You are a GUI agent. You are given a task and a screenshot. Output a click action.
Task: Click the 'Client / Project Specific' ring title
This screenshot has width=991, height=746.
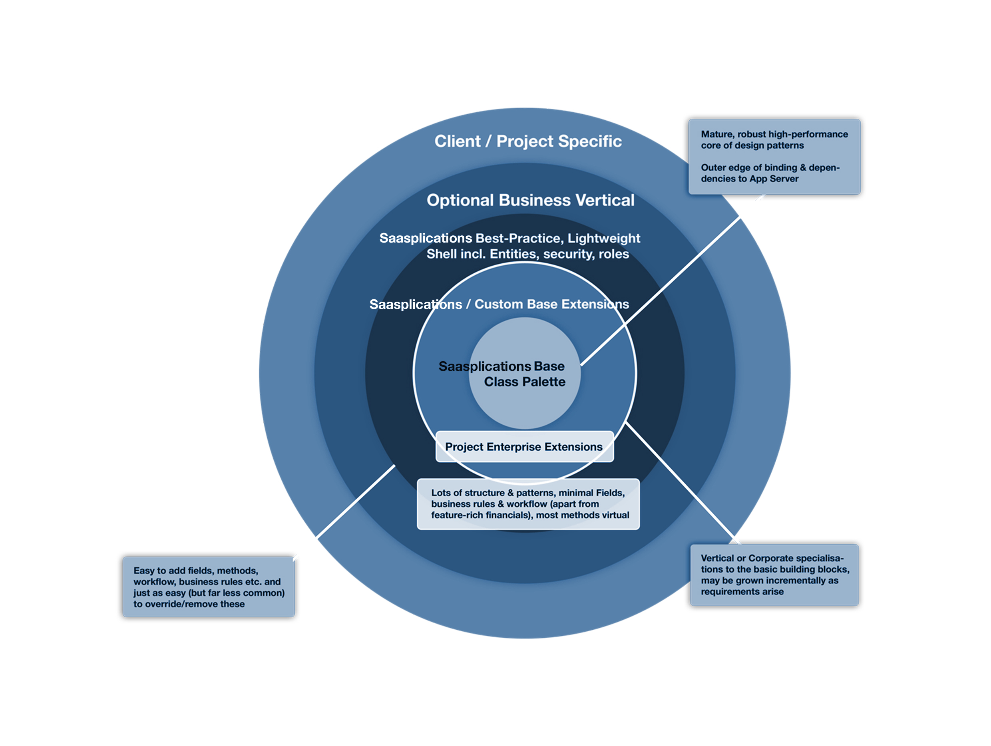[x=528, y=141]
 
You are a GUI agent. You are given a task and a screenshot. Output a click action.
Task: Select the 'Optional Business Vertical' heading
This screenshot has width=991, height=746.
[x=530, y=200]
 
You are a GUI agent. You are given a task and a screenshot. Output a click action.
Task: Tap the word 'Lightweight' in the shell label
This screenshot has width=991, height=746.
[x=603, y=239]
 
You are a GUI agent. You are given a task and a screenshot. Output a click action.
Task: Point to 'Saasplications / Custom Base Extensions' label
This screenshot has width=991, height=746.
[x=499, y=304]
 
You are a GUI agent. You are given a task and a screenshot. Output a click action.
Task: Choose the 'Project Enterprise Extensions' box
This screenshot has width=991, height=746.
[x=524, y=447]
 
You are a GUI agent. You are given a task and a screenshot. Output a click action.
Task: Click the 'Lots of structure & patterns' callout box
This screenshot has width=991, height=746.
[x=528, y=504]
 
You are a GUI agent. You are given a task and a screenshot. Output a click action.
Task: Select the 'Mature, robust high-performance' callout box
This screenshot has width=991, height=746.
[x=774, y=156]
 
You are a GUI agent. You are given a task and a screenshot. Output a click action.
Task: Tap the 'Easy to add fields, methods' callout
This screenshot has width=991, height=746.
[x=209, y=587]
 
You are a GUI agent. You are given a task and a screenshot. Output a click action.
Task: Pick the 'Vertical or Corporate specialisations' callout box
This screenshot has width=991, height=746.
[x=774, y=575]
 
